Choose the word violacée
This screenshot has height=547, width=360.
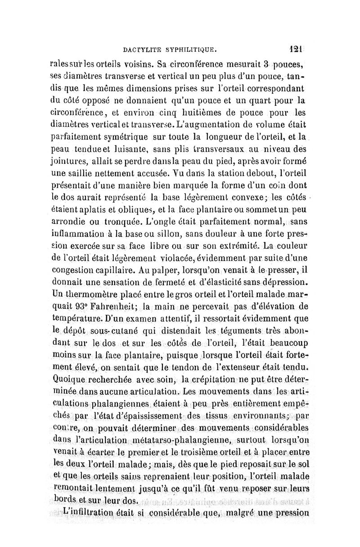[171, 258]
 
